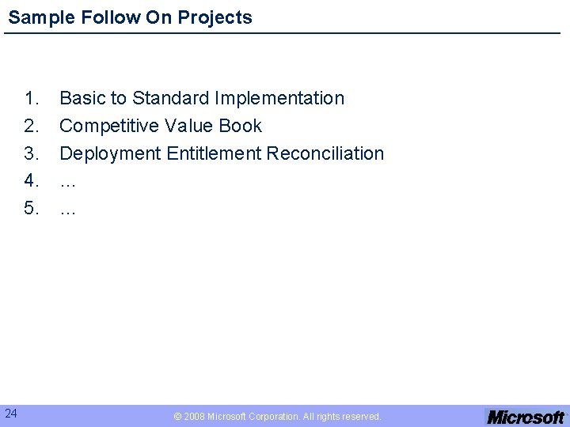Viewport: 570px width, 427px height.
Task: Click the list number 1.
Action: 32,99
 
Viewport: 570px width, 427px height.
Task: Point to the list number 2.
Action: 32,127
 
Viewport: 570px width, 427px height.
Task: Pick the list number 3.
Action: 32,153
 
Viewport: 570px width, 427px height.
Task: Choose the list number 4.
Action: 32,181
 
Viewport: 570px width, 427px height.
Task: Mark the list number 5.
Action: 32,209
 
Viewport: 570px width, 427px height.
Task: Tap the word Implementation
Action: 280,99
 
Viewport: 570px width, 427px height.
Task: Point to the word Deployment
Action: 110,153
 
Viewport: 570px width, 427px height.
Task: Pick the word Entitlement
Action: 214,153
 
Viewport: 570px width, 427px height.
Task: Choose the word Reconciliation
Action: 325,153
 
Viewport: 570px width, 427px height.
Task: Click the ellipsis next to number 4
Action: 68,184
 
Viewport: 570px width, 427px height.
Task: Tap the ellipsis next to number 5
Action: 68,212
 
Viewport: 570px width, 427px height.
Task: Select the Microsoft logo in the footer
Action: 526,417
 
